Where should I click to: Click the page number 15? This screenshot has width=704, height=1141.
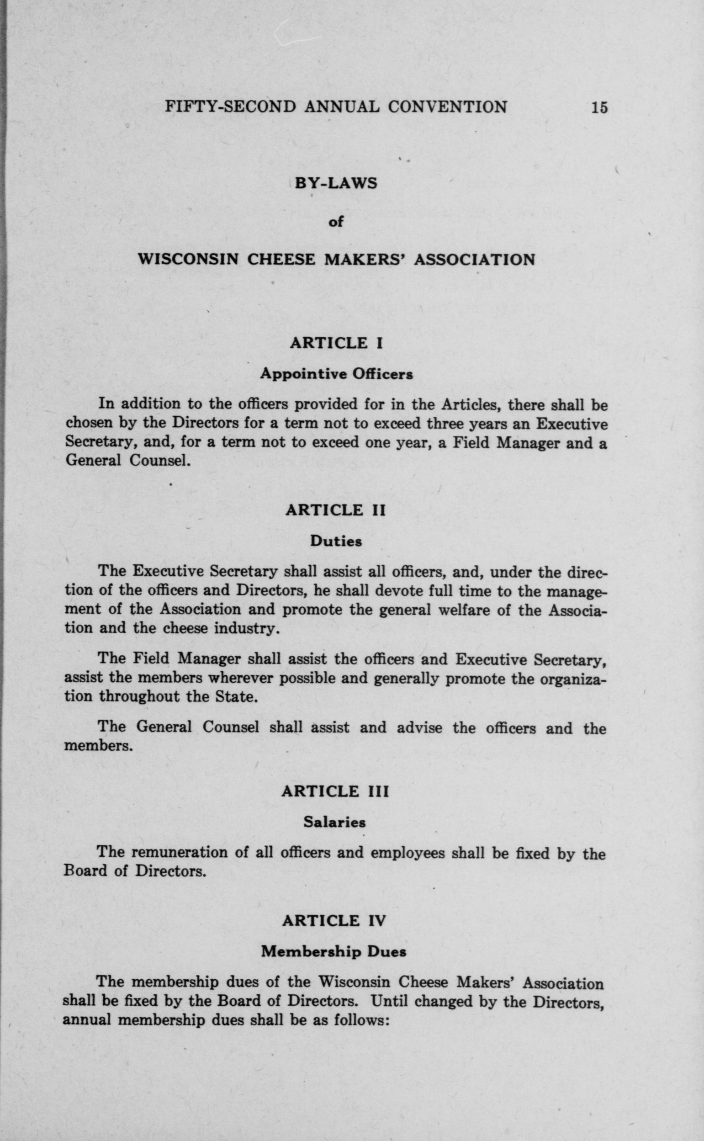tap(599, 107)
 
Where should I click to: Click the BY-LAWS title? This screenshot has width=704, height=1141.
tap(336, 183)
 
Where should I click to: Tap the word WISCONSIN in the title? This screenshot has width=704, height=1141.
tap(188, 259)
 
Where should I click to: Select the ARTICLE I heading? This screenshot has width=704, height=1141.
tap(336, 343)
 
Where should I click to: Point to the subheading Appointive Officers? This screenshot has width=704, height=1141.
tap(336, 373)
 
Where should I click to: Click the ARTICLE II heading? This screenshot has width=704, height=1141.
tap(336, 510)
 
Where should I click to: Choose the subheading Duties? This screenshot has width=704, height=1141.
tap(336, 541)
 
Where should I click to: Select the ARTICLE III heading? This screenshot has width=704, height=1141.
tap(335, 791)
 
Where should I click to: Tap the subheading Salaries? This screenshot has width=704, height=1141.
tap(335, 822)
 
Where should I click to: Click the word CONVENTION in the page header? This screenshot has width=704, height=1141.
tap(447, 107)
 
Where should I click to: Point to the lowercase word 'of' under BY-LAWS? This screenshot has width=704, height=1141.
tap(336, 222)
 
